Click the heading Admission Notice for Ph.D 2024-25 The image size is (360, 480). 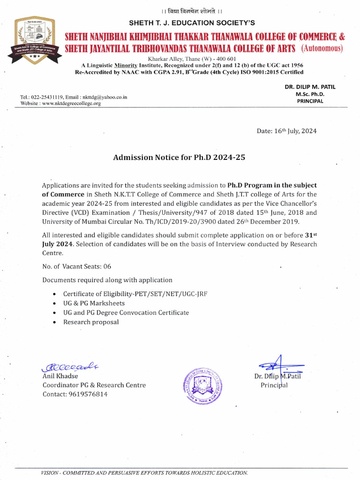coord(179,158)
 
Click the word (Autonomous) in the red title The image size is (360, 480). coord(322,48)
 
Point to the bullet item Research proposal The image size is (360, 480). coord(91,322)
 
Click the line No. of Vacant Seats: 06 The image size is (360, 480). coord(77,266)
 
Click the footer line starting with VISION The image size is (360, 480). coord(144,472)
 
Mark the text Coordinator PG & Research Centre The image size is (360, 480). coord(94,385)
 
